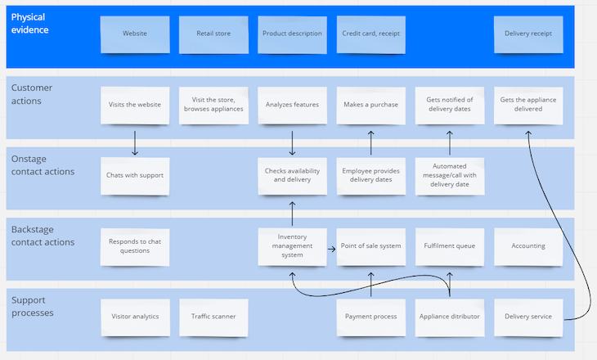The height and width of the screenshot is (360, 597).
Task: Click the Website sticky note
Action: click(x=135, y=34)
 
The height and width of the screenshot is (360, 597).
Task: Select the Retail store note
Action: click(x=213, y=34)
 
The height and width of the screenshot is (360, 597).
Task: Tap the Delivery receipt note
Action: click(x=528, y=34)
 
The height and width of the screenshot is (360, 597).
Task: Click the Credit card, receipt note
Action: click(x=370, y=34)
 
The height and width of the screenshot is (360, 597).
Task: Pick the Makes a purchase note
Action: click(x=370, y=105)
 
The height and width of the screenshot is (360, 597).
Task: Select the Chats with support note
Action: click(x=135, y=175)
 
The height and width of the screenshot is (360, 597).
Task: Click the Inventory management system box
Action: click(x=292, y=246)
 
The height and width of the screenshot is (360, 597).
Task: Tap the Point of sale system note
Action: click(x=370, y=245)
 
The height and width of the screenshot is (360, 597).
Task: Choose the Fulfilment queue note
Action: click(x=449, y=245)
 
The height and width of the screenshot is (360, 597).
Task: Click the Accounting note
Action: click(x=528, y=245)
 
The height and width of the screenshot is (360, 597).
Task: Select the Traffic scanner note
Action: click(x=213, y=317)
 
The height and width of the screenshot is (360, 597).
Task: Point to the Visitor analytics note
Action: click(x=135, y=317)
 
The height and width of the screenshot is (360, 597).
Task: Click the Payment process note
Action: click(x=370, y=317)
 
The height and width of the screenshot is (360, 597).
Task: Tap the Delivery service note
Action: click(x=528, y=317)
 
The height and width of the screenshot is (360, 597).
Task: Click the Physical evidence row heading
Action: click(x=31, y=23)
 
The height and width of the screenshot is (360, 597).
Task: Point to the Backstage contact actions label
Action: click(x=42, y=236)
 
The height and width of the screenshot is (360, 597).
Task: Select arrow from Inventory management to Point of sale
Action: click(x=331, y=245)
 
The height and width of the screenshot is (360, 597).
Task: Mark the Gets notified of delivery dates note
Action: click(x=449, y=105)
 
